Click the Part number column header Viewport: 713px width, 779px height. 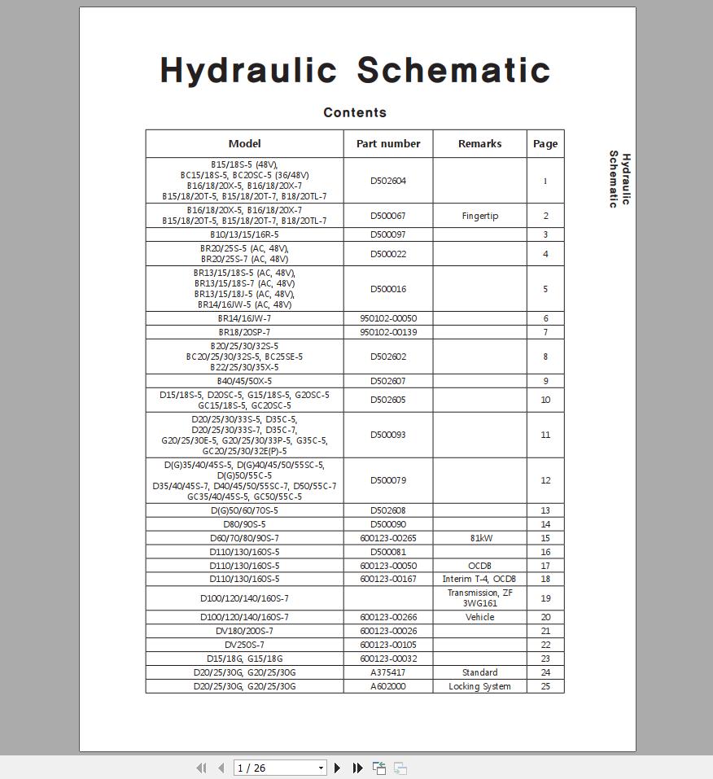388,144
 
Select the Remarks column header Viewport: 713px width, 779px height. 479,144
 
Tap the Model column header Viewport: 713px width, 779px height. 244,144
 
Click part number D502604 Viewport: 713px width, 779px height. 388,181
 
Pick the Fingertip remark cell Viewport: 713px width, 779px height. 479,216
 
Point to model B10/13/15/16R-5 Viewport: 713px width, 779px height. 244,234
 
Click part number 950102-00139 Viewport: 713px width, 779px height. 388,332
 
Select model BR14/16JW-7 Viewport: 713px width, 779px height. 244,318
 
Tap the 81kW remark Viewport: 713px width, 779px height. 479,538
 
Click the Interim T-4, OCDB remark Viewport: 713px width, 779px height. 479,579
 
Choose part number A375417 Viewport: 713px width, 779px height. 388,672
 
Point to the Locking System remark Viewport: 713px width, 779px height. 479,686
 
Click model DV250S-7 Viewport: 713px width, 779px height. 244,645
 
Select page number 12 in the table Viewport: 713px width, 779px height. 545,480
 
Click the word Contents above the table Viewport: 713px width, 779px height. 355,113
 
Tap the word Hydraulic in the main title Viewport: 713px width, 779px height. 248,71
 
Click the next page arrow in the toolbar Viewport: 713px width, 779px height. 338,768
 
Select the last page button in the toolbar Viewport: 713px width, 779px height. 357,768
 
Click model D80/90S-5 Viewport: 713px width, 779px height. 244,524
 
